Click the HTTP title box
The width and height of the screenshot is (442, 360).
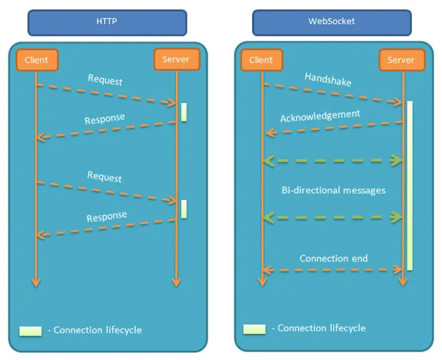pyautogui.click(x=107, y=22)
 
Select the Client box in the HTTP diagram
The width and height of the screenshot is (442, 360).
pyautogui.click(x=36, y=60)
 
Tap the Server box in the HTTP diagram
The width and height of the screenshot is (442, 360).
pyautogui.click(x=175, y=59)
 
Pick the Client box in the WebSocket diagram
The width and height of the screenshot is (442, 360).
pyautogui.click(x=262, y=60)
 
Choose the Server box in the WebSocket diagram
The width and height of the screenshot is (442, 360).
pyautogui.click(x=401, y=60)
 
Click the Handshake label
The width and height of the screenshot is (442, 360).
pyautogui.click(x=328, y=79)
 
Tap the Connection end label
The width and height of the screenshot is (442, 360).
pyautogui.click(x=334, y=258)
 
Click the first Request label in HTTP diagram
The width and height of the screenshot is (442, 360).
pyautogui.click(x=105, y=80)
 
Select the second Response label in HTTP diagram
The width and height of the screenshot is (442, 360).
pyautogui.click(x=107, y=216)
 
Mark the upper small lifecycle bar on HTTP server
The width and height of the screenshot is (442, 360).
pyautogui.click(x=184, y=112)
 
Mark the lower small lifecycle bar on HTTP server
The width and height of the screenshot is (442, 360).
pyautogui.click(x=184, y=209)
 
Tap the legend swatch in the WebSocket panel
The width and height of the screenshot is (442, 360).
pyautogui.click(x=254, y=329)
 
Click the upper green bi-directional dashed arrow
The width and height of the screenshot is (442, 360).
pyautogui.click(x=332, y=161)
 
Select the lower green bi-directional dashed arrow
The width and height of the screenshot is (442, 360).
pyautogui.click(x=332, y=218)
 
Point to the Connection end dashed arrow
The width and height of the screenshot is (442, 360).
pyautogui.click(x=332, y=270)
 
